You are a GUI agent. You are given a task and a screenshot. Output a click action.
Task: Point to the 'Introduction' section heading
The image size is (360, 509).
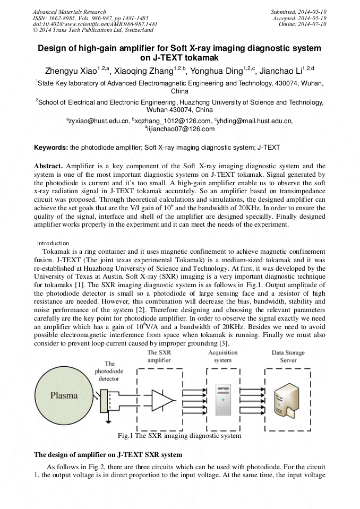pos(53,243)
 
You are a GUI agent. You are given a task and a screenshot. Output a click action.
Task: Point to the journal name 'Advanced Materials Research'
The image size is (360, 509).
pos(69,11)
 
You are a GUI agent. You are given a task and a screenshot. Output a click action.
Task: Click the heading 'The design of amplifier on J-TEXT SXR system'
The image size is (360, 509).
pos(108,455)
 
